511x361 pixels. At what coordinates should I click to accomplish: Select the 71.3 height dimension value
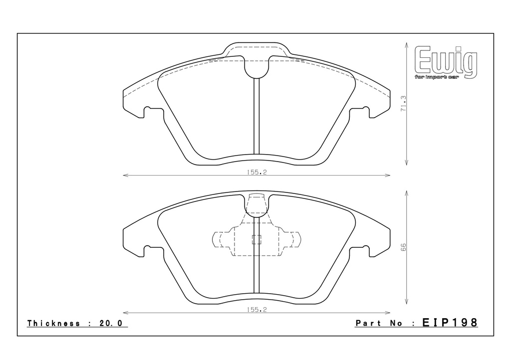click(403, 104)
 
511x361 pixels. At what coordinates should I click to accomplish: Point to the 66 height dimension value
click(403, 247)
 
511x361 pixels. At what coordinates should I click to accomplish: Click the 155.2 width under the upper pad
click(256, 172)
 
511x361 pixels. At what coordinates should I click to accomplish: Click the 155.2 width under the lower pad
click(256, 310)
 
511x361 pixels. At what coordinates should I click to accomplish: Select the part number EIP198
click(450, 322)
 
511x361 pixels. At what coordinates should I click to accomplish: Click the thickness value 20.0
click(110, 323)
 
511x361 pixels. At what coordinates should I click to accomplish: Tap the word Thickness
click(53, 323)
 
